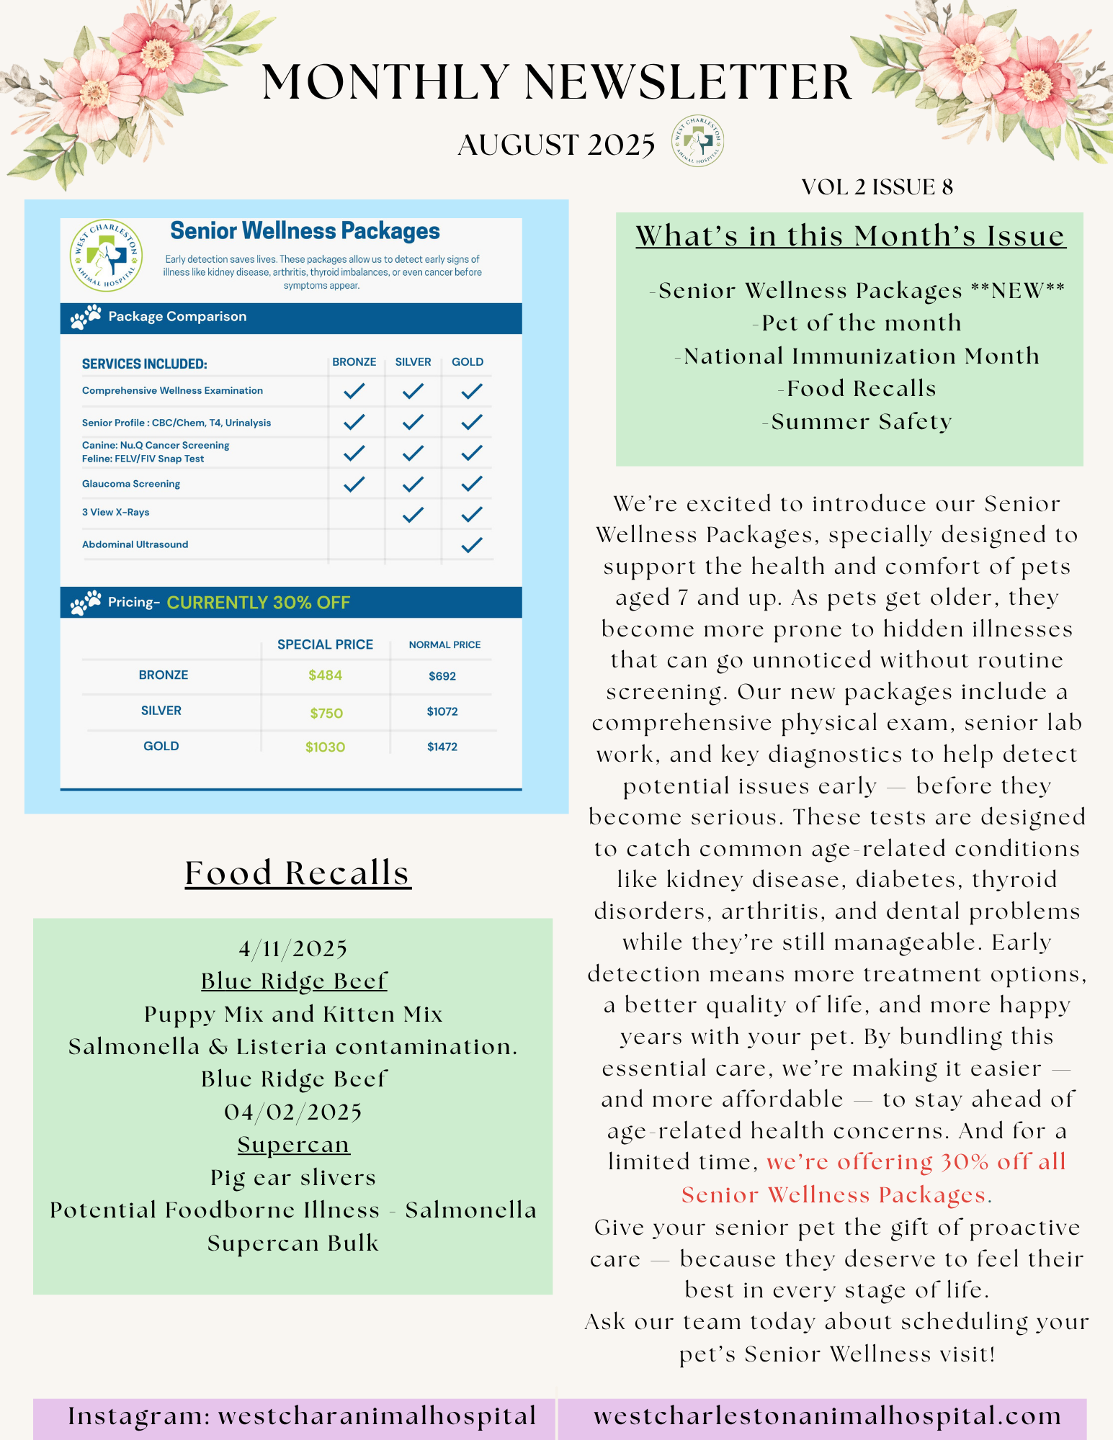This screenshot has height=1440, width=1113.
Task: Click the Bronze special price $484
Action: (x=325, y=675)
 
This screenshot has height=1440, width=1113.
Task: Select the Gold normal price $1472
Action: (x=442, y=747)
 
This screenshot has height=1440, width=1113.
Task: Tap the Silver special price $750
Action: (x=326, y=713)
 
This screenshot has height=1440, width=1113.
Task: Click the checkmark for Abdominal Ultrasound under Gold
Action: (x=471, y=545)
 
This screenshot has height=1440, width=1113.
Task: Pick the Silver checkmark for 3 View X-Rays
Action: (x=413, y=514)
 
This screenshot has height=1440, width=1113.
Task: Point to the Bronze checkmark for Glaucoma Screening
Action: (x=354, y=484)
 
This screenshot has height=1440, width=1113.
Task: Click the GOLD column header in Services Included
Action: (x=468, y=362)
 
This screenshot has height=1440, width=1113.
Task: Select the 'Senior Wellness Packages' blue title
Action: (x=305, y=231)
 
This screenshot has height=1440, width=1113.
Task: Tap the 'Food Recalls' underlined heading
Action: (x=298, y=873)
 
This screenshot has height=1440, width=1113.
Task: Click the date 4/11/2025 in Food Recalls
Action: (x=293, y=949)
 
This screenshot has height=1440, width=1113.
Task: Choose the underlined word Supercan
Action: (x=294, y=1144)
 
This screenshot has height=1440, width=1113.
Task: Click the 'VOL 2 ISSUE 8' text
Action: (x=877, y=187)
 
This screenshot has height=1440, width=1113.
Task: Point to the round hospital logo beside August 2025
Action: (x=697, y=141)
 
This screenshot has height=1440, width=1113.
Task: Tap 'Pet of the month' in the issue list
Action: (x=860, y=323)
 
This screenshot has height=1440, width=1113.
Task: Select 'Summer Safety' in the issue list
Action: (x=861, y=421)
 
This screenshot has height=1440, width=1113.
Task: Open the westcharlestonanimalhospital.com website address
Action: (x=827, y=1416)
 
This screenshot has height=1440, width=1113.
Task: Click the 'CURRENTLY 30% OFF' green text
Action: (x=259, y=603)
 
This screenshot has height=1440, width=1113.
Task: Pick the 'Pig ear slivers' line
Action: (x=293, y=1177)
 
